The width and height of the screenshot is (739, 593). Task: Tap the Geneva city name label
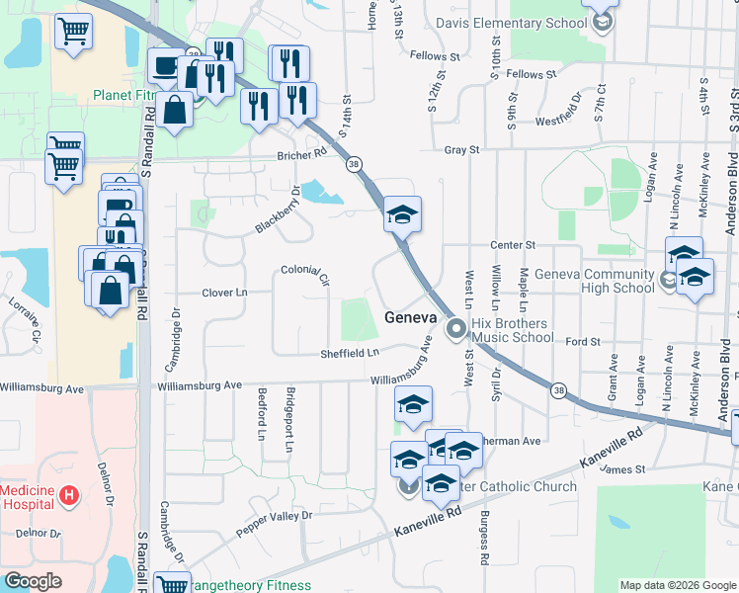pos(409,317)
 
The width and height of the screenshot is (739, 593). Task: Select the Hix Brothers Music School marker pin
pos(455,328)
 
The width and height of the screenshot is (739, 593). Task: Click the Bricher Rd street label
pos(302,154)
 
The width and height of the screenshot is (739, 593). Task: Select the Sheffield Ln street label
pos(349,353)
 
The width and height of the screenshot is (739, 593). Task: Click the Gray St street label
pos(461,150)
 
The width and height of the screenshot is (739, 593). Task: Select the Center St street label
pos(514,244)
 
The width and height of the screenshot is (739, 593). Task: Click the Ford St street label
pos(583,342)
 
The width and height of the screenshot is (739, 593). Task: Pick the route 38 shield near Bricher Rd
pos(353,165)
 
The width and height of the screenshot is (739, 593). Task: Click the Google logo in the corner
pos(33,580)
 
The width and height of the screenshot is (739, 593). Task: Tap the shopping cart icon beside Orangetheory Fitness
pos(172,584)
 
